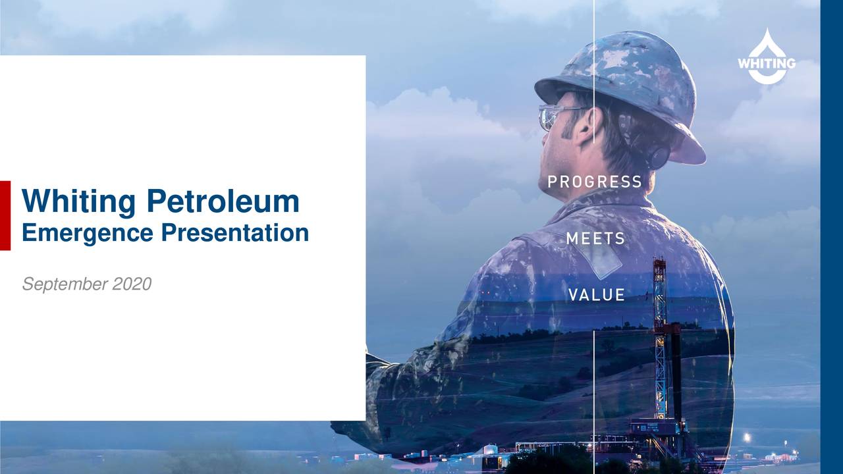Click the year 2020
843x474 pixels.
(132, 284)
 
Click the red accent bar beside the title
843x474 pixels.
(5, 215)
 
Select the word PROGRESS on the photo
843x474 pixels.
(595, 182)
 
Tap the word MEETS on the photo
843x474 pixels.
(595, 239)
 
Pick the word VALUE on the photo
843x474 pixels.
(597, 295)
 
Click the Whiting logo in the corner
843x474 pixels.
(766, 58)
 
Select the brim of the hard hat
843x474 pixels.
(685, 148)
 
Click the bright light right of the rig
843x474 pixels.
(746, 436)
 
